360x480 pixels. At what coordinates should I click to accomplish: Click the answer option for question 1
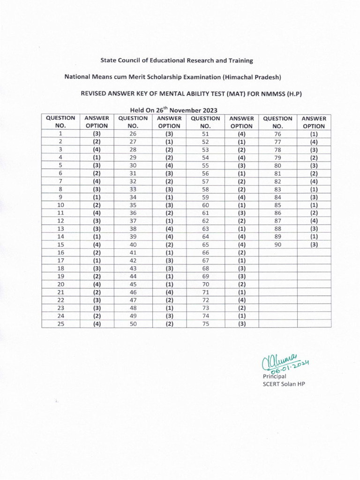point(97,134)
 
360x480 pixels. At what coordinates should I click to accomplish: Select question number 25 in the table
point(60,323)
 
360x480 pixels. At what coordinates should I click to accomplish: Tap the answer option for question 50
point(170,323)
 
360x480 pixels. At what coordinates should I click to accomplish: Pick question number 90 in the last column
point(278,244)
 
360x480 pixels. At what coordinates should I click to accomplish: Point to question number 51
point(205,134)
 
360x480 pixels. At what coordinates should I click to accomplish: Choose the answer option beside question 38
point(170,228)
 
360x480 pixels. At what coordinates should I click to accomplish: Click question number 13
point(60,228)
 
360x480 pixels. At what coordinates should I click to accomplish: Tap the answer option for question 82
point(314,181)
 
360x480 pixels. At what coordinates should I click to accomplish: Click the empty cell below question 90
point(278,252)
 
